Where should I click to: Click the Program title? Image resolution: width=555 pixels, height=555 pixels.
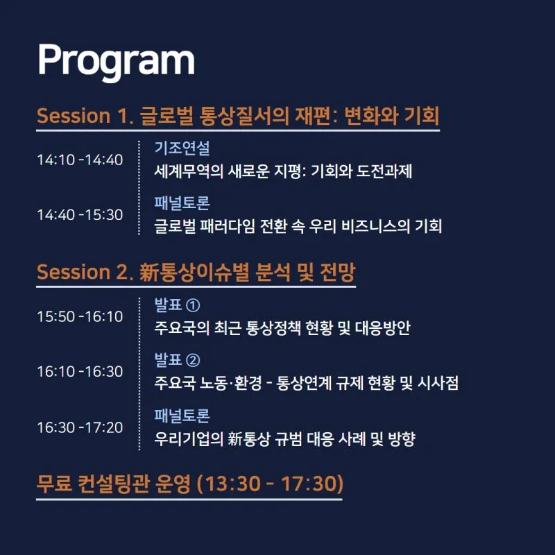click(116, 62)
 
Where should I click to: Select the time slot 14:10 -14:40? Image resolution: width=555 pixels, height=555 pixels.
click(80, 160)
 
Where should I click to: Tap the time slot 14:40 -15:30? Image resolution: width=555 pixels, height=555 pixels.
click(80, 215)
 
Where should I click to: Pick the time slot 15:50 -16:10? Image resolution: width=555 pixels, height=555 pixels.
click(80, 316)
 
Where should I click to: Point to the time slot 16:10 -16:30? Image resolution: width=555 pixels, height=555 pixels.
click(80, 372)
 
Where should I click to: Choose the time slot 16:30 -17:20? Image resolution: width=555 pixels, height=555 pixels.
click(80, 427)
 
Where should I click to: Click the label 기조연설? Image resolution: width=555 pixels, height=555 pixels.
click(182, 148)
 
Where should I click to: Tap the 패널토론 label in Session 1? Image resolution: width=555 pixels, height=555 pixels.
click(182, 203)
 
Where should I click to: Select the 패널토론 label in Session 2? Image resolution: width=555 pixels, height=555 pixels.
click(182, 416)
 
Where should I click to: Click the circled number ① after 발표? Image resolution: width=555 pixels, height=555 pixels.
click(193, 305)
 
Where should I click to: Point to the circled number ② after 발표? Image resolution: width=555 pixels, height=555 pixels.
click(193, 360)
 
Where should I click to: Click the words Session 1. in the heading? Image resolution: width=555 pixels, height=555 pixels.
click(85, 116)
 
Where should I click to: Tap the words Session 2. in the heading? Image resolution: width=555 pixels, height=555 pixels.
click(85, 272)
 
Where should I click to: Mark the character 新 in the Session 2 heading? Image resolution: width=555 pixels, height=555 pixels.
click(148, 272)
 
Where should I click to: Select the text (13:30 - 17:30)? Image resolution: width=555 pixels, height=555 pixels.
click(270, 484)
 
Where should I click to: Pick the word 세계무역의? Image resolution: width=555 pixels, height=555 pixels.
click(189, 171)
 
